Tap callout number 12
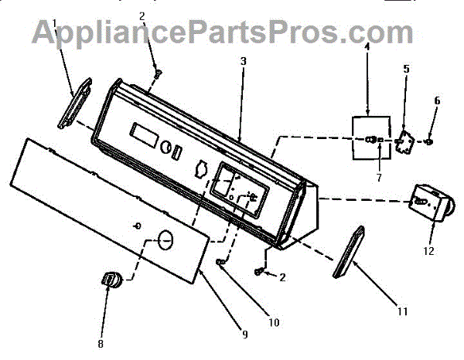pyautogui.click(x=428, y=251)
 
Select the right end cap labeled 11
pyautogui.click(x=348, y=251)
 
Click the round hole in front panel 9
pyautogui.click(x=163, y=238)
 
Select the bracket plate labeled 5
pyautogui.click(x=404, y=141)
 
